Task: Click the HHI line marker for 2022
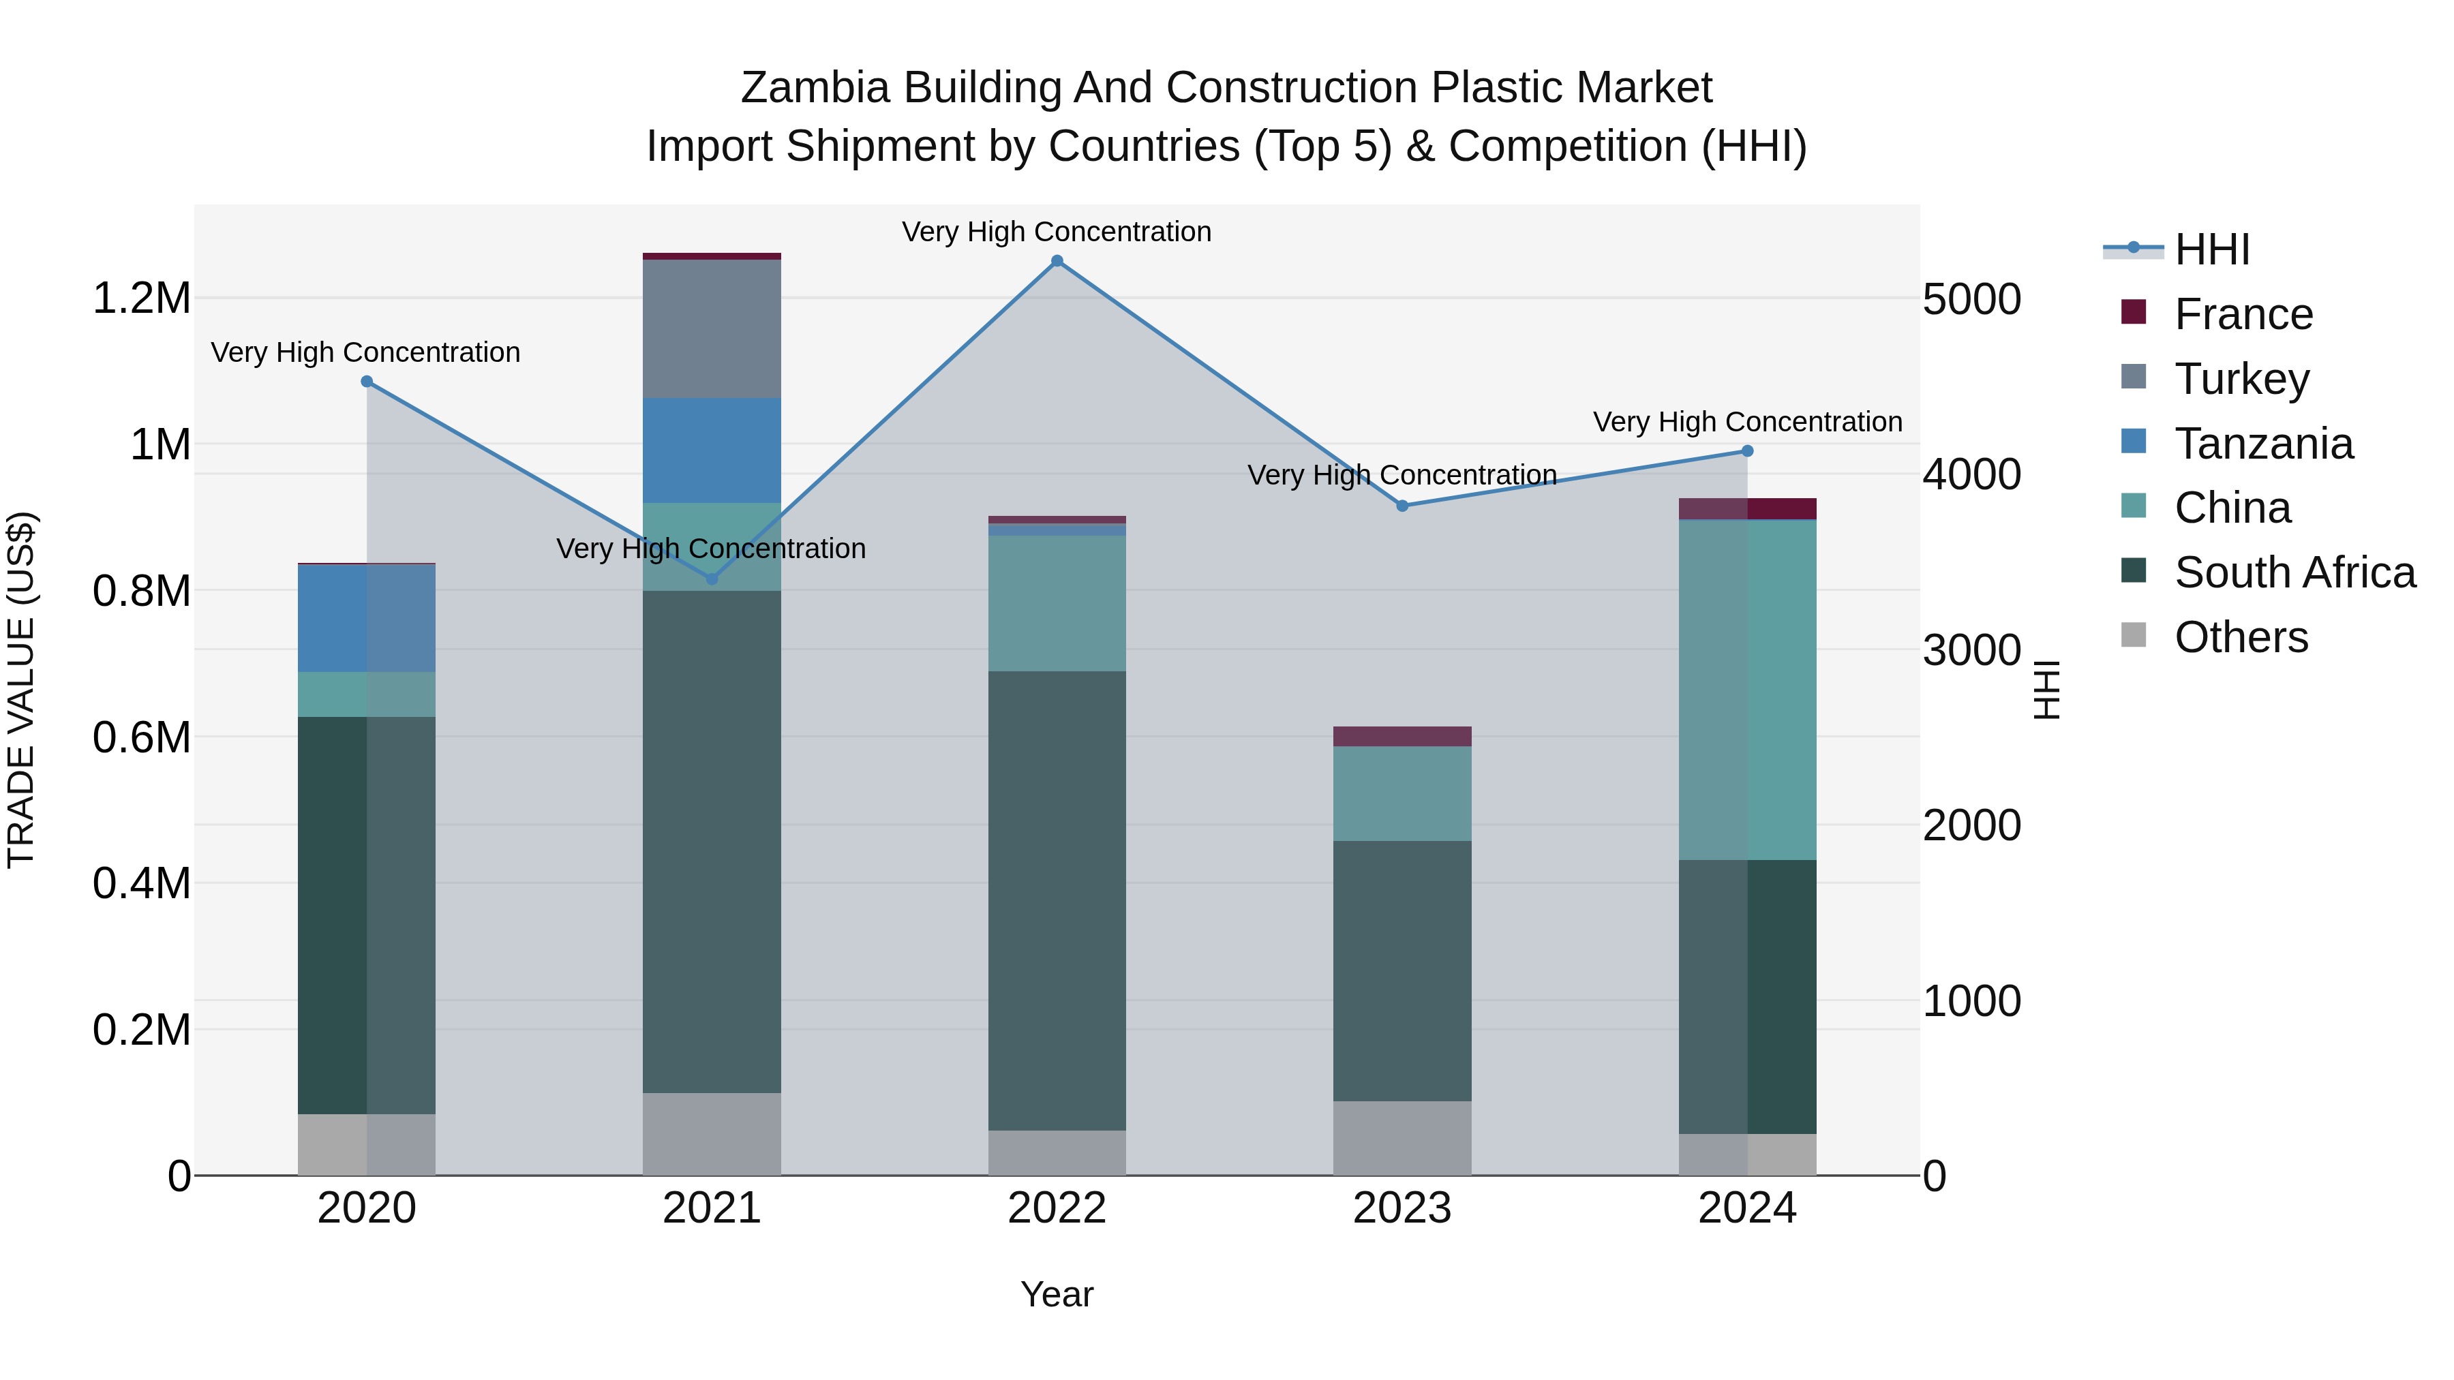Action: (x=1057, y=261)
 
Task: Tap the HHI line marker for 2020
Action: (x=367, y=382)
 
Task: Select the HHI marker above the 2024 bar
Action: (x=1747, y=451)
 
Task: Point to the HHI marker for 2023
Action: (x=1402, y=506)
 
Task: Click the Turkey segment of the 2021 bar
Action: (x=712, y=328)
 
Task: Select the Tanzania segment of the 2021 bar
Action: (x=712, y=450)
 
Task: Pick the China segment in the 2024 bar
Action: (x=1747, y=690)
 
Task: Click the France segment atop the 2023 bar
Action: (x=1402, y=736)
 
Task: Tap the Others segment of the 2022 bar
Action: (x=1057, y=1152)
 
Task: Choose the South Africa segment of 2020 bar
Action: (x=367, y=915)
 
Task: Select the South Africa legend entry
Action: (x=2294, y=572)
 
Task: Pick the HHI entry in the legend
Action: (x=2211, y=249)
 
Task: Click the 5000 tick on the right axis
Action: (x=1971, y=299)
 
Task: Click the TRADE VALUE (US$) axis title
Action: (x=21, y=690)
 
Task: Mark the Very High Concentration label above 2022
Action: (x=1057, y=232)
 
